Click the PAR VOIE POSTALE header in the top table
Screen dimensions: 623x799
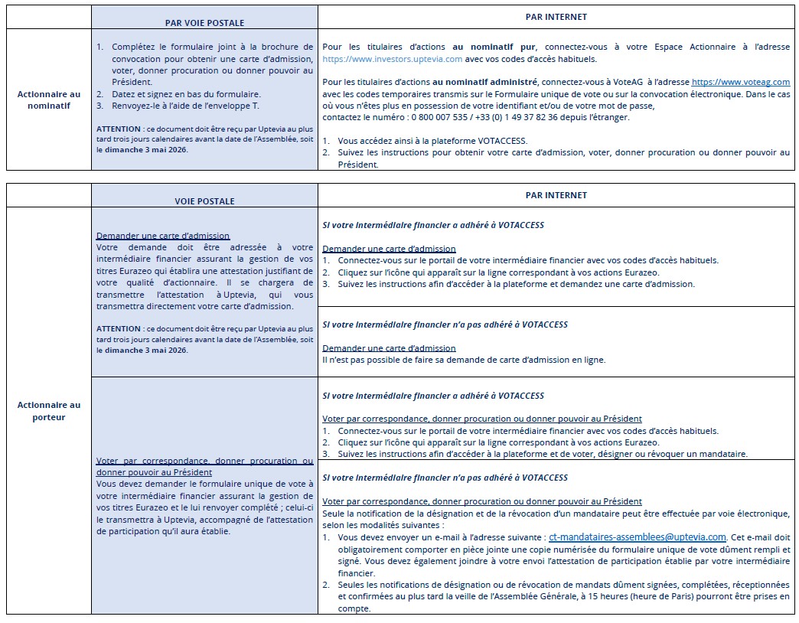tap(204, 23)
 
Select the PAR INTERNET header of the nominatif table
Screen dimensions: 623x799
tap(556, 16)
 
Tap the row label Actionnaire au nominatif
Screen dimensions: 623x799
tap(49, 99)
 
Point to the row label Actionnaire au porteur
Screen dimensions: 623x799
tap(49, 411)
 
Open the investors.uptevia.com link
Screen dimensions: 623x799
tap(392, 58)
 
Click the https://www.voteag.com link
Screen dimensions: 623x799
tap(741, 82)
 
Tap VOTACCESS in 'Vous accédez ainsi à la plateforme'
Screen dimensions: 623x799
tap(500, 141)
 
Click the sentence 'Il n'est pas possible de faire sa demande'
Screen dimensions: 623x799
tap(464, 360)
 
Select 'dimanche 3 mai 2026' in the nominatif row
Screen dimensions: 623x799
tap(145, 150)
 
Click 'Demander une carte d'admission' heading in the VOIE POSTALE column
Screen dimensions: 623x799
tap(163, 236)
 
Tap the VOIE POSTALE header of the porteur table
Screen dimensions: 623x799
tap(204, 201)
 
